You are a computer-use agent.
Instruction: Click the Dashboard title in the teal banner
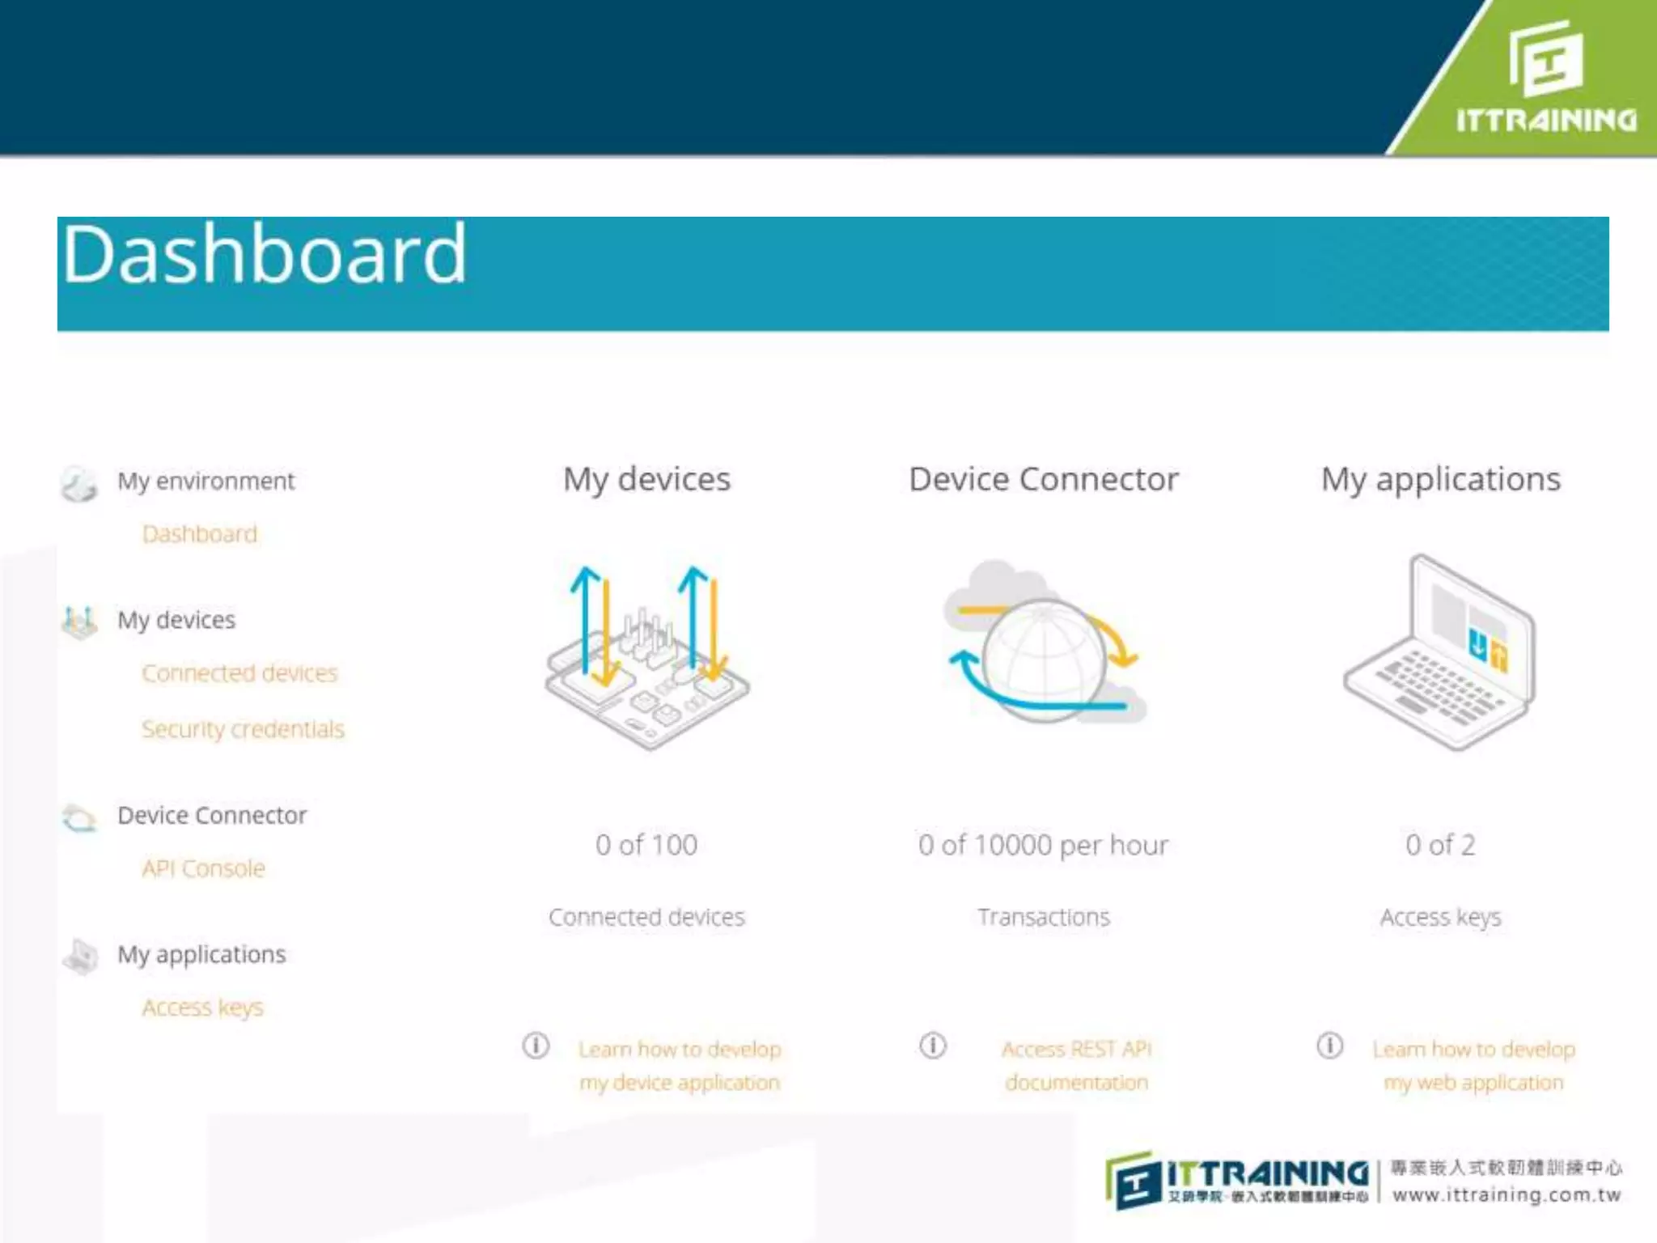265,256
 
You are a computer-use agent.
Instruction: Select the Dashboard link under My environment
199,534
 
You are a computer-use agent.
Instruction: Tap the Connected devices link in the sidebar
239,673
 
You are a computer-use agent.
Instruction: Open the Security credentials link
243,729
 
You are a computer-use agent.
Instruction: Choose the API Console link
203,868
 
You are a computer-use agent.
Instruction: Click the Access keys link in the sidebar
202,1008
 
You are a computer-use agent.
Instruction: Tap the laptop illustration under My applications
1440,651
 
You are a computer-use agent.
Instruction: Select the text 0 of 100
646,845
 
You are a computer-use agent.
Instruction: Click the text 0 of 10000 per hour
1043,845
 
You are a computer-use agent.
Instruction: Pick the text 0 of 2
1440,845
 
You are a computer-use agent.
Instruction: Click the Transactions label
1044,917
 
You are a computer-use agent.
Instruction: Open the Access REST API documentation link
1076,1065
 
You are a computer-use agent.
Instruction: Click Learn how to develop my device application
680,1065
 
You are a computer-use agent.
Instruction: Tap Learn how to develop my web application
1473,1065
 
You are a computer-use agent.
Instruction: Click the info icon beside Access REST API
933,1046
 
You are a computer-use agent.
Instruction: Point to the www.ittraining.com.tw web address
1507,1195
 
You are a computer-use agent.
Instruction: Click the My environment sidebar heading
206,481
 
